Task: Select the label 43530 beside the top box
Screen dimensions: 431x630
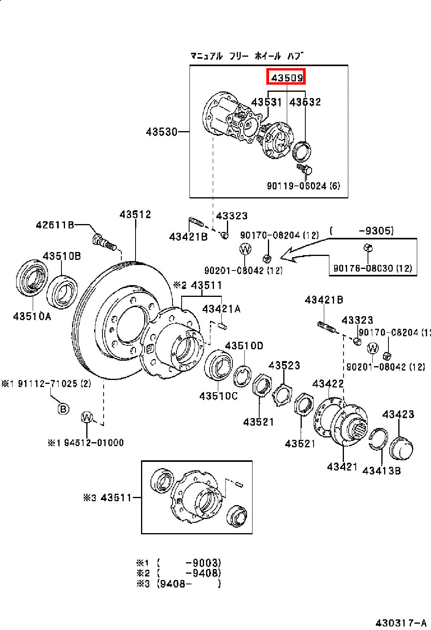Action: [162, 132]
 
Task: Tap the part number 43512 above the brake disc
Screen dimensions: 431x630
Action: [135, 214]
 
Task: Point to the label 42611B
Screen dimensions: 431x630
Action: [55, 225]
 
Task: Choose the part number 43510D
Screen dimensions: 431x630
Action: [244, 345]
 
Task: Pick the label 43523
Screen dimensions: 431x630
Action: [284, 365]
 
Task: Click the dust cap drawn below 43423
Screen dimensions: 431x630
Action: [401, 448]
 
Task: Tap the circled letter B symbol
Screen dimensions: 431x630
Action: [63, 409]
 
